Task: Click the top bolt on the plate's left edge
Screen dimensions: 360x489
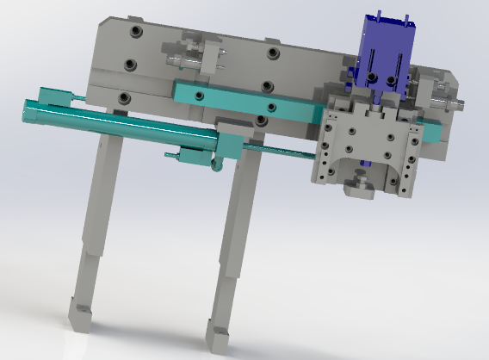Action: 134,33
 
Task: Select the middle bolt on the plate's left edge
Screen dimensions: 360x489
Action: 129,65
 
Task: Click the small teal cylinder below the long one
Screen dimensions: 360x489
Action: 194,157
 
